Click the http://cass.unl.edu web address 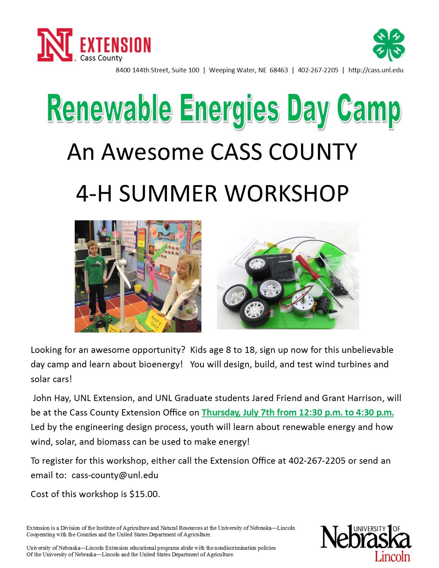[376, 70]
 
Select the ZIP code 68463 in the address [279, 70]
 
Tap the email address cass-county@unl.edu [115, 475]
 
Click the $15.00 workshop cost [145, 494]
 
